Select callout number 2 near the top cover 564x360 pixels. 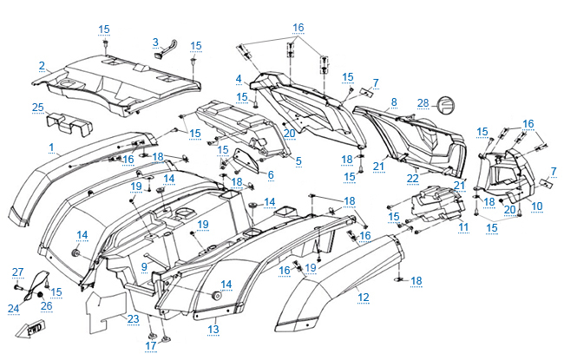pos(41,65)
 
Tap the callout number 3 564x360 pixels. pos(155,41)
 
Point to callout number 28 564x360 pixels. pos(423,103)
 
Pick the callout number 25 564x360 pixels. pos(38,108)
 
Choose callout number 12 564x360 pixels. pos(363,297)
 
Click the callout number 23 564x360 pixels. pos(133,318)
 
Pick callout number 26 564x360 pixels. pos(47,305)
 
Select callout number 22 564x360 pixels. pos(414,178)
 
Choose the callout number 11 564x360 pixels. pos(463,226)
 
